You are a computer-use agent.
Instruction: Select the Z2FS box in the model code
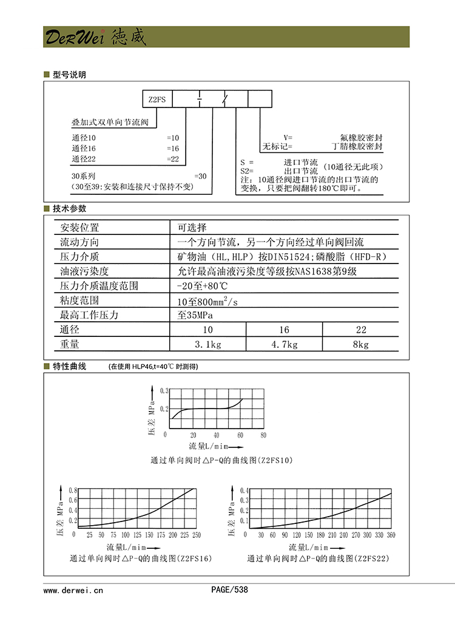(x=157, y=99)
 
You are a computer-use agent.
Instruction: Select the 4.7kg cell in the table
(x=283, y=345)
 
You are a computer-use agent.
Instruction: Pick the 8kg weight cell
(x=360, y=345)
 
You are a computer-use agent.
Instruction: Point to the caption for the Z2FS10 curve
(x=221, y=461)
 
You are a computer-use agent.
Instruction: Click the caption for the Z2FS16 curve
(x=141, y=558)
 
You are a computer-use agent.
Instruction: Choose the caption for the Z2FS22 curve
(x=318, y=558)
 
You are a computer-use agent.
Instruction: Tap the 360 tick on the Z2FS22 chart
(x=391, y=535)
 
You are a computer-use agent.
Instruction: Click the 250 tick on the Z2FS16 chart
(x=196, y=535)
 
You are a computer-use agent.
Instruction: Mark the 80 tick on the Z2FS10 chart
(x=263, y=435)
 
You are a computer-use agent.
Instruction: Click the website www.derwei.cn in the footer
(x=74, y=589)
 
